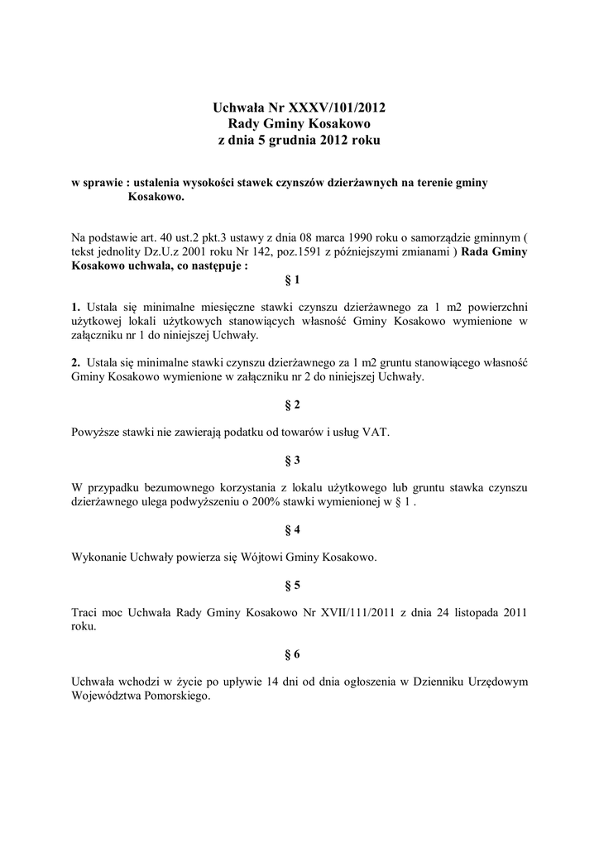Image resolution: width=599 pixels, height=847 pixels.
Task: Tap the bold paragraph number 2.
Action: (75, 362)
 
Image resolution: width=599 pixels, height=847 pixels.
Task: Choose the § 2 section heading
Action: (292, 404)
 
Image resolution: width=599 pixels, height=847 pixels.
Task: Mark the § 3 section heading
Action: (292, 459)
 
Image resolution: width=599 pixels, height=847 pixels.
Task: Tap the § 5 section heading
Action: (292, 585)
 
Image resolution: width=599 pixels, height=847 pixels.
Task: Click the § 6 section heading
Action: (292, 654)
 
